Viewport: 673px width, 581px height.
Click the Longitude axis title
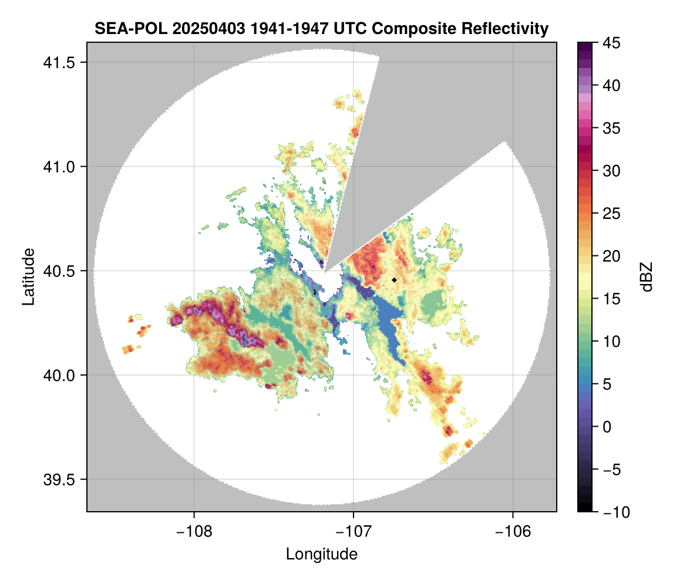pos(321,554)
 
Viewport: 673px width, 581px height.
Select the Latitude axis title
pos(28,276)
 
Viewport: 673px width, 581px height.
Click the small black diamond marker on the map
pos(395,280)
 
